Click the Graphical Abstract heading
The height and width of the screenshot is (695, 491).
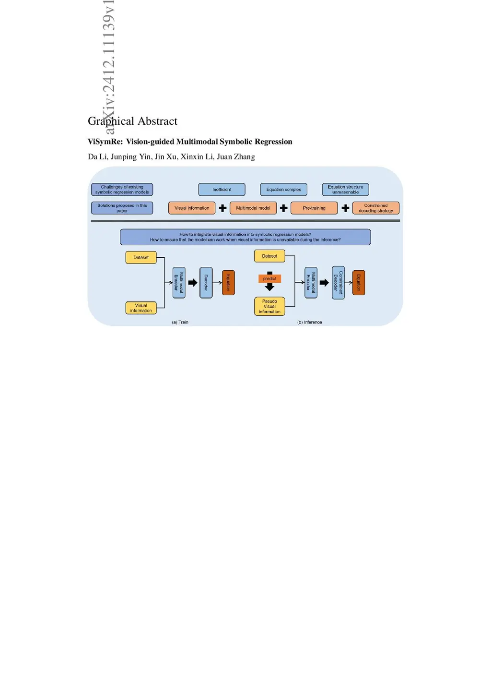click(132, 121)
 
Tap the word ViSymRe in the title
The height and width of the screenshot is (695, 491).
click(105, 142)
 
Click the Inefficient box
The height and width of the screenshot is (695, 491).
click(222, 190)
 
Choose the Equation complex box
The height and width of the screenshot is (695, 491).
click(283, 190)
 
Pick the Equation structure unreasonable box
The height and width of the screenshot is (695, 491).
click(345, 190)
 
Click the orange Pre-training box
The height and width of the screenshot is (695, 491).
click(314, 208)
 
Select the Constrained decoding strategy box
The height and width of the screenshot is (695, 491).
click(375, 208)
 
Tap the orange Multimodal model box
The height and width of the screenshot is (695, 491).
click(253, 208)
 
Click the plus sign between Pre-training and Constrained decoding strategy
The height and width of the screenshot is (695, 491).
click(345, 208)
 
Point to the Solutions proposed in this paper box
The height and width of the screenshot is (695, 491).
click(122, 208)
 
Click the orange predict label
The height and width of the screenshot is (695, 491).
click(269, 278)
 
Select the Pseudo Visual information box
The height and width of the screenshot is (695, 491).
click(269, 306)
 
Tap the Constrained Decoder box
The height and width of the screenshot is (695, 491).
click(338, 283)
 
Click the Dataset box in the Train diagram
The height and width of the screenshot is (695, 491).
click(141, 257)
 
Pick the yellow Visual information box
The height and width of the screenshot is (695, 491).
click(141, 308)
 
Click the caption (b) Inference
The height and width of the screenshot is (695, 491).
click(309, 323)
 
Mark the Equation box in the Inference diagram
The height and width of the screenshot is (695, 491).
click(359, 283)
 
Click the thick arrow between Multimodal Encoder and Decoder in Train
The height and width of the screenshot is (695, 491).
click(193, 283)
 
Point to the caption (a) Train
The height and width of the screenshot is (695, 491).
click(180, 323)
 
